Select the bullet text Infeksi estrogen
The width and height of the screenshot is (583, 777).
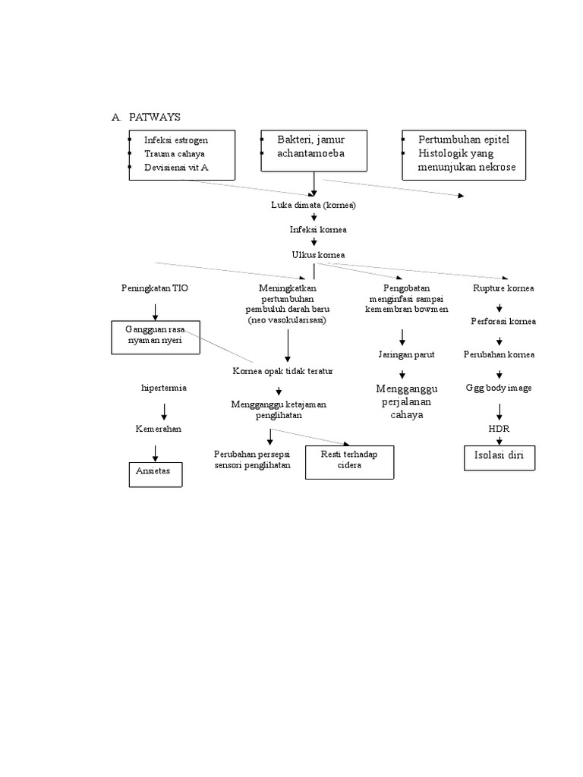[x=176, y=140]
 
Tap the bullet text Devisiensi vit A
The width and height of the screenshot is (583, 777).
[x=176, y=167]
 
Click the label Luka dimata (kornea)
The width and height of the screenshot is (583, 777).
[x=314, y=205]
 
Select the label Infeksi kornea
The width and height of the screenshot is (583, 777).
[x=314, y=229]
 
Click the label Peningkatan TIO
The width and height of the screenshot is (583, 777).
[x=155, y=288]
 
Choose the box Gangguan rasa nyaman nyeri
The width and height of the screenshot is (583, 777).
[x=157, y=337]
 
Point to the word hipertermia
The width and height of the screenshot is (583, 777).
[x=164, y=388]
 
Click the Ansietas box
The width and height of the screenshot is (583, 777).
[x=155, y=471]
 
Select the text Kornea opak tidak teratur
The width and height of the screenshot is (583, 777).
[x=282, y=371]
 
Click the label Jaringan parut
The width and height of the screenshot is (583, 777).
[x=403, y=354]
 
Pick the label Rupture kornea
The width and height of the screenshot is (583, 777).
[x=503, y=288]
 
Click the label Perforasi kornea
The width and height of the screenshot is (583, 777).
[x=503, y=321]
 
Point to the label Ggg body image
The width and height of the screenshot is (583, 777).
[x=499, y=388]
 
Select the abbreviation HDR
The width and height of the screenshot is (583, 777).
[x=499, y=429]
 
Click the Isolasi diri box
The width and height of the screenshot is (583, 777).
[x=499, y=458]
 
